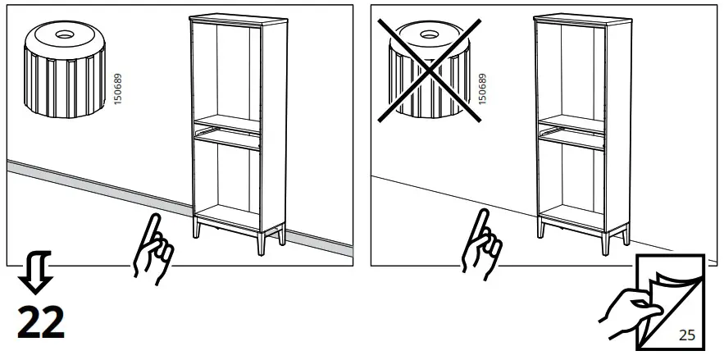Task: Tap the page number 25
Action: click(x=686, y=335)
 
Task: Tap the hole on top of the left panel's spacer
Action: click(x=62, y=35)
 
